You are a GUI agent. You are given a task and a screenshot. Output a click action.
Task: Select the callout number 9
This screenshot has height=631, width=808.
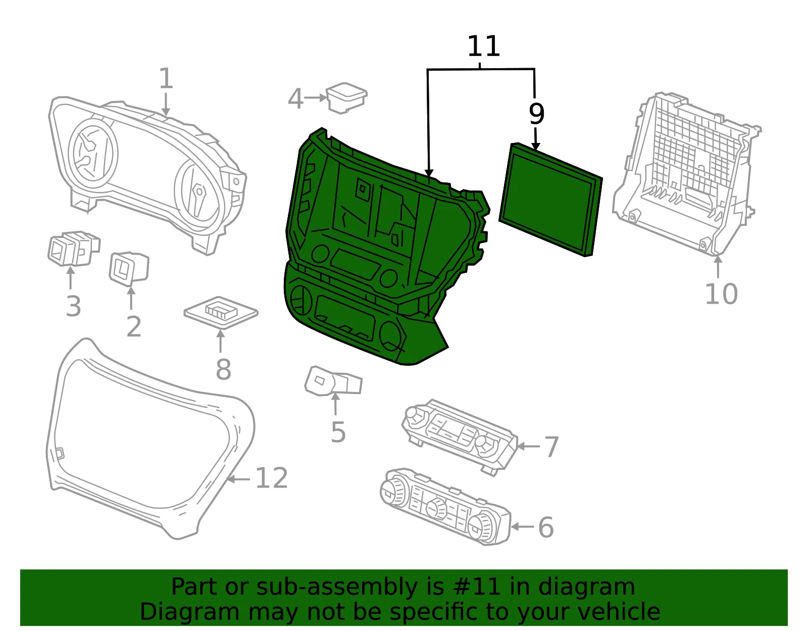tap(536, 114)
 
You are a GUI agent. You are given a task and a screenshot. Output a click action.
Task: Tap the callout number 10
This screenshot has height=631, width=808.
tap(721, 294)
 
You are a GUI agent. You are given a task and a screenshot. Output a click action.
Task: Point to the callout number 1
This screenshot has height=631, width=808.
tap(166, 78)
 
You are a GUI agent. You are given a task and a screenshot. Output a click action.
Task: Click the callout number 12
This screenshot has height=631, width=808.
tap(272, 478)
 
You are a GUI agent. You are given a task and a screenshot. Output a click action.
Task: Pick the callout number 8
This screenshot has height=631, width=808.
tap(224, 370)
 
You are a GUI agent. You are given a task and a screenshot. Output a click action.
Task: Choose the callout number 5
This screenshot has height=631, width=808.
tap(338, 432)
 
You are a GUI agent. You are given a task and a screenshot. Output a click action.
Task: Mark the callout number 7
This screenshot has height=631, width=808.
tap(551, 447)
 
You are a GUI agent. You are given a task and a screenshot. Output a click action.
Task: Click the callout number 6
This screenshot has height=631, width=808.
tap(546, 527)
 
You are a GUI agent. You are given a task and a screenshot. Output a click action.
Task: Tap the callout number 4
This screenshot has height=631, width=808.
tap(295, 99)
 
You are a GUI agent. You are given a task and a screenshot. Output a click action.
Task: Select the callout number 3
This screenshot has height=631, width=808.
tap(73, 306)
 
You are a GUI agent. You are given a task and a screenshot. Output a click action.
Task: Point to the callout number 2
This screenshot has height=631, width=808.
tap(134, 326)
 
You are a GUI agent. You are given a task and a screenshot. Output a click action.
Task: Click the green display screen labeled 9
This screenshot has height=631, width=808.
tap(550, 199)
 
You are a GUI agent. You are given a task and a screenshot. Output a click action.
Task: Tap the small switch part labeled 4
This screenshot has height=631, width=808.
tap(346, 98)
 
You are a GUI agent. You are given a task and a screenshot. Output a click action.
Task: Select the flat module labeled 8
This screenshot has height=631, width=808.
tap(221, 312)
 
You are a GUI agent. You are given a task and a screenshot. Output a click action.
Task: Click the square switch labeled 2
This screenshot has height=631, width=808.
tap(129, 268)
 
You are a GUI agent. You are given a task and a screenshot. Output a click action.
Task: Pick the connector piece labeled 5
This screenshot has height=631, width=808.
tap(333, 381)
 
